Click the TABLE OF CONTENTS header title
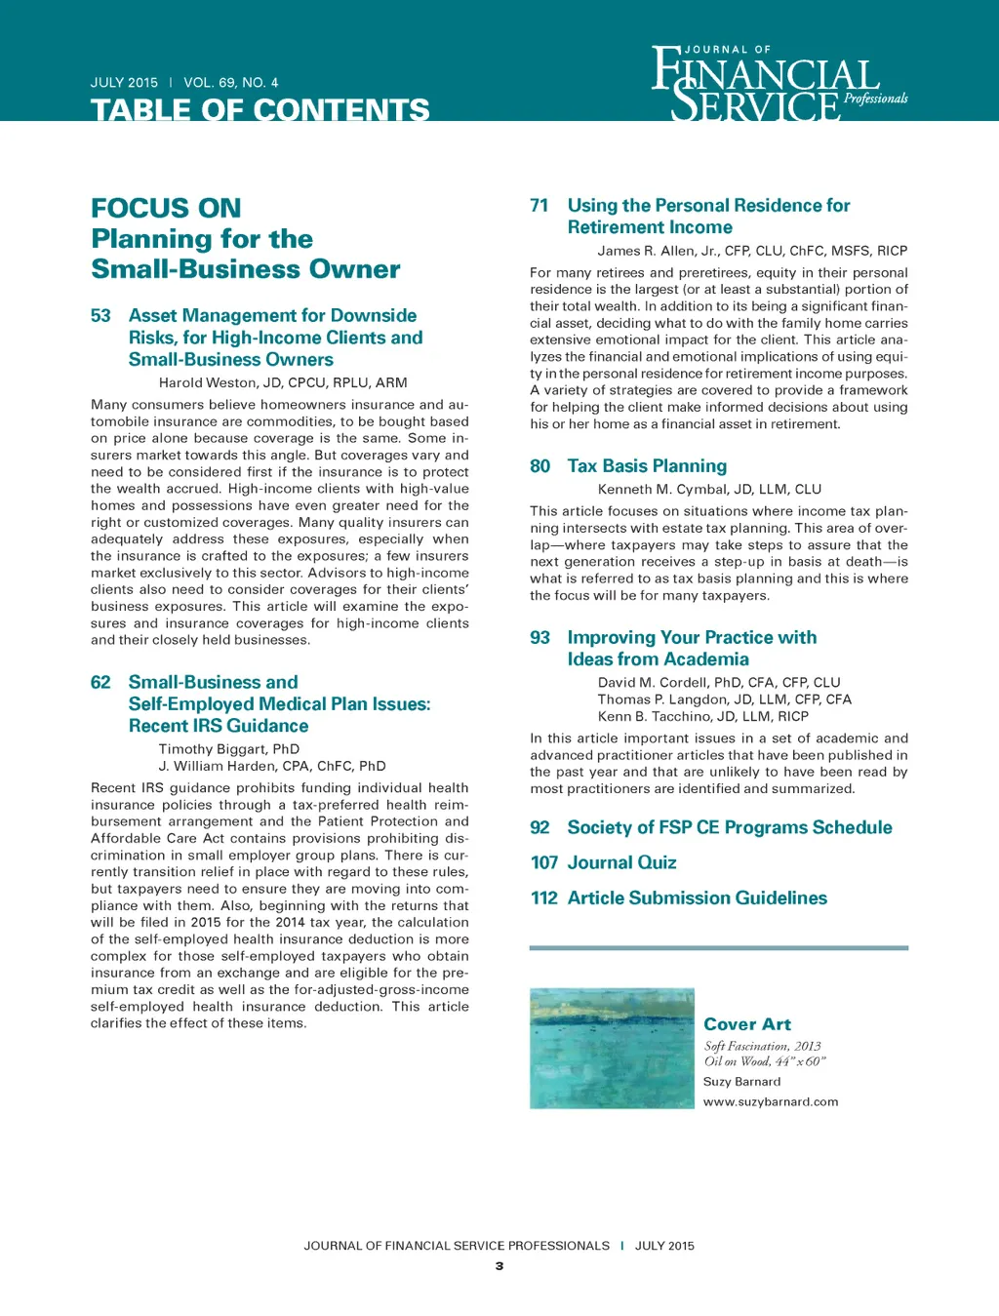(260, 109)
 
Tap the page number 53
(100, 316)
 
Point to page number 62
(100, 683)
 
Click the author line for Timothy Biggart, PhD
(229, 749)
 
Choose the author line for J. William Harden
(272, 766)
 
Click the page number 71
(539, 206)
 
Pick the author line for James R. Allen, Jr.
(752, 251)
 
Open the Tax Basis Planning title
(647, 466)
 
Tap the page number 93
(539, 638)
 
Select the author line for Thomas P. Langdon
(724, 699)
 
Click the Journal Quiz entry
(621, 862)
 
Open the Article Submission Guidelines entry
(697, 897)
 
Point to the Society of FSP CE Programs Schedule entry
(729, 827)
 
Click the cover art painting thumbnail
(612, 1048)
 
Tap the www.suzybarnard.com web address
(771, 1101)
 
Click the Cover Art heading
(747, 1024)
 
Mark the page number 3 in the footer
(499, 1266)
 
